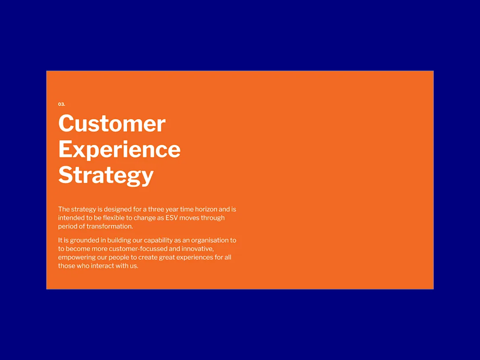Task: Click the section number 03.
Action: (61, 104)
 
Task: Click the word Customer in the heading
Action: (112, 124)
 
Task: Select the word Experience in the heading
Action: (120, 149)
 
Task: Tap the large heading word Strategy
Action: (106, 175)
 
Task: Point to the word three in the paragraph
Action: (156, 209)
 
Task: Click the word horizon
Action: (206, 209)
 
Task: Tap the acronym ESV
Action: (172, 218)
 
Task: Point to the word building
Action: (119, 240)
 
